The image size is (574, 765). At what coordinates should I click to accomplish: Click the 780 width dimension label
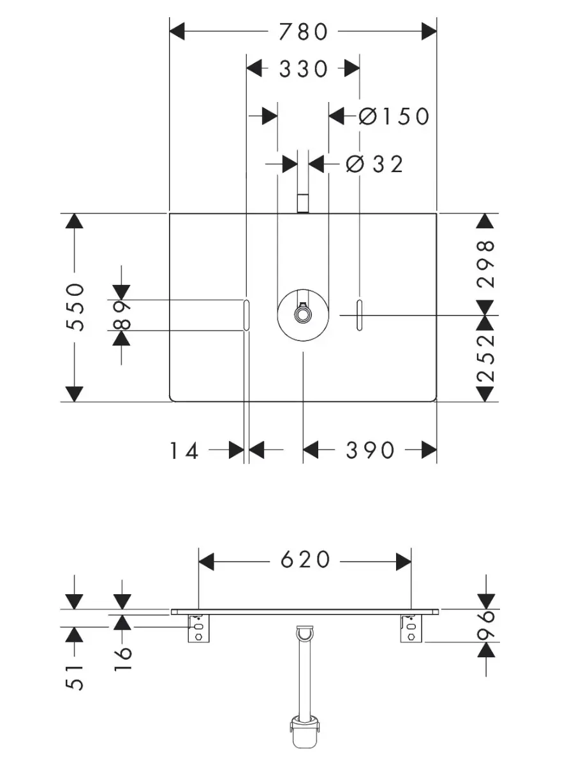tap(303, 31)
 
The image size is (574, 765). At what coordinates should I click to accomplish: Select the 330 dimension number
tap(303, 68)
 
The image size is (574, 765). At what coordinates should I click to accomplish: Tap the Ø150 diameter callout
tap(394, 116)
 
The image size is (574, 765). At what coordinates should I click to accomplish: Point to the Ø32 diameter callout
tap(374, 164)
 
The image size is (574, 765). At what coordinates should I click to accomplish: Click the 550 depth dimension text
tap(75, 307)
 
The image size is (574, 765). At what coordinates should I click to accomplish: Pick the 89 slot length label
tap(122, 316)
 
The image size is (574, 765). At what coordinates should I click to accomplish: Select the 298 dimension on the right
tap(485, 264)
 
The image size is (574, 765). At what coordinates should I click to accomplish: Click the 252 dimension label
tap(485, 358)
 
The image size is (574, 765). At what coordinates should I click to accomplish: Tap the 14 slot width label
tap(184, 450)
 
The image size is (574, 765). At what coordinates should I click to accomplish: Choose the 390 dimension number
tap(370, 450)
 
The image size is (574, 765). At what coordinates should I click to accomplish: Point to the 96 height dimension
tap(486, 625)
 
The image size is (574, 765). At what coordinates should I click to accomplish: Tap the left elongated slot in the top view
tap(246, 315)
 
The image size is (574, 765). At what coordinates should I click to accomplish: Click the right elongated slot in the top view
tap(359, 315)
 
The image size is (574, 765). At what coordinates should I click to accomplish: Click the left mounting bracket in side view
tap(198, 629)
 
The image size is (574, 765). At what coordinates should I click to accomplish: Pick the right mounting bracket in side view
tap(411, 629)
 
